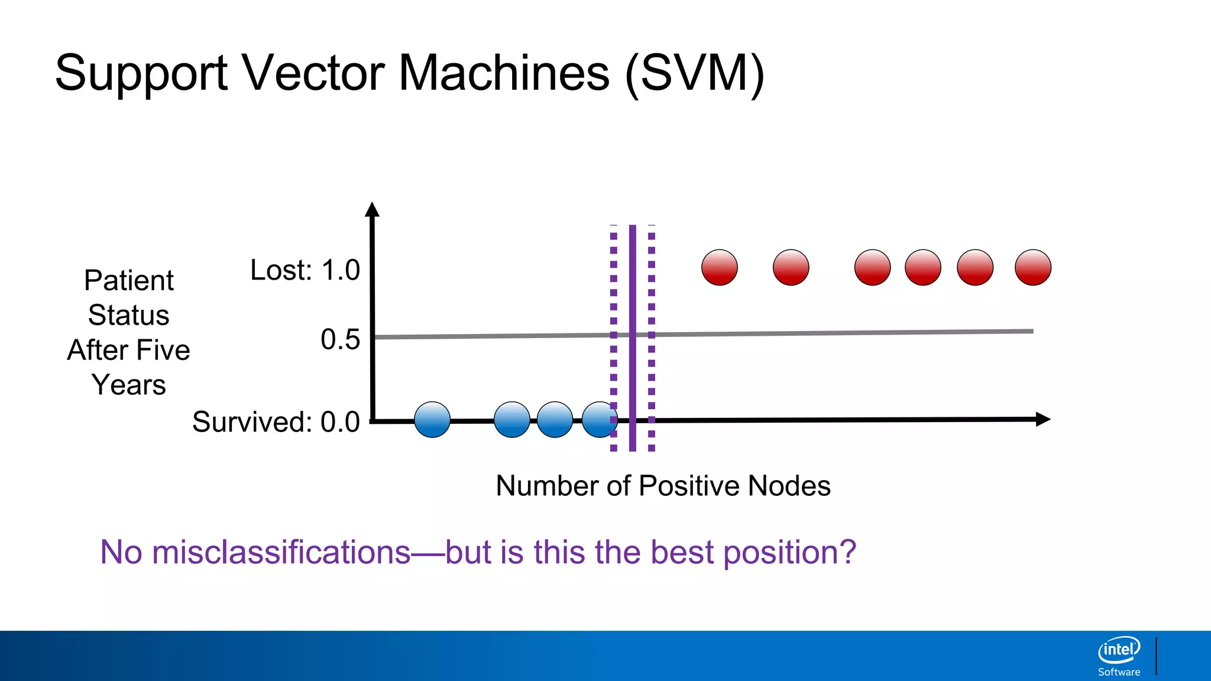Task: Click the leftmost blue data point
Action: (x=432, y=420)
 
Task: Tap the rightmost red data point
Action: (x=1033, y=267)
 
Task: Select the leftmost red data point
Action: (x=720, y=267)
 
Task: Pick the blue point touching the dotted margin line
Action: (x=598, y=420)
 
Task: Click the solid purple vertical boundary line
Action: (x=633, y=296)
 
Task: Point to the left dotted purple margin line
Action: (x=614, y=296)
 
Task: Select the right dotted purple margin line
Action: (x=652, y=296)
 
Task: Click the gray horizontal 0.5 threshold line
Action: (x=828, y=333)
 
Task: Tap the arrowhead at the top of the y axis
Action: (x=372, y=210)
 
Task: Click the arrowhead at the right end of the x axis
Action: (x=1043, y=419)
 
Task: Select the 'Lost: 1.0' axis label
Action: (x=305, y=270)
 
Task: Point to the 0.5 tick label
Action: (x=340, y=340)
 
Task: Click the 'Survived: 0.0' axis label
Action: (x=276, y=422)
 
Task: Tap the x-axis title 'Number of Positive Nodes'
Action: (x=663, y=486)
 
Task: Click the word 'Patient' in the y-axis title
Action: (x=129, y=280)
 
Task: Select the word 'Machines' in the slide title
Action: (x=504, y=73)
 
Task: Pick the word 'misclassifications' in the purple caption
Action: (x=281, y=552)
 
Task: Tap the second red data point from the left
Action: (x=791, y=267)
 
